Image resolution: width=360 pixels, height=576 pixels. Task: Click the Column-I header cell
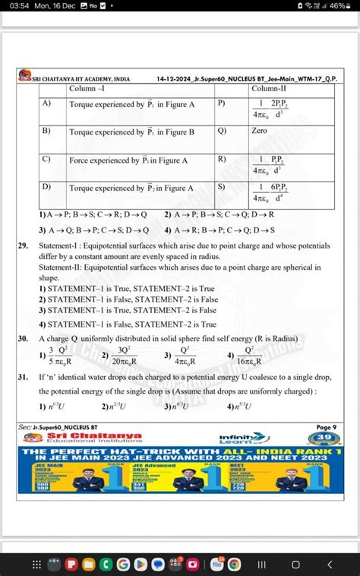pos(87,89)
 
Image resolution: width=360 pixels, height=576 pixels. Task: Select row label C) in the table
pos(46,160)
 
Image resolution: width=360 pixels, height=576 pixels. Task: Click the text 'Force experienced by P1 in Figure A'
pos(128,160)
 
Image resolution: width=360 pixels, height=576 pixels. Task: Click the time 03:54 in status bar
pos(14,6)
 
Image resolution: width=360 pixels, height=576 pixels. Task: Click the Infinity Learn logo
pos(237,438)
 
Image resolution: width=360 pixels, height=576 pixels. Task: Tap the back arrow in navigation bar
pos(329,564)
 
